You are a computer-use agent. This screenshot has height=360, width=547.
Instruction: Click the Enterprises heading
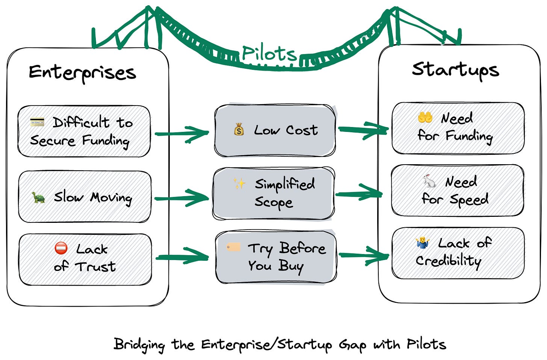[x=82, y=73]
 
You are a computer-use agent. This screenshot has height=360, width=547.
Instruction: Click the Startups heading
[x=455, y=70]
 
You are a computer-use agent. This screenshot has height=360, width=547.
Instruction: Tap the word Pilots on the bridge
[x=269, y=53]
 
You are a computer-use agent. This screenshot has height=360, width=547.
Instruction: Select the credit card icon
[x=37, y=122]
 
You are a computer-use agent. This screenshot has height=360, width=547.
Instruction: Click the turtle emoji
[x=38, y=197]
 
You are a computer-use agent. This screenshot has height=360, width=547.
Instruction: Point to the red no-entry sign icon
[x=61, y=248]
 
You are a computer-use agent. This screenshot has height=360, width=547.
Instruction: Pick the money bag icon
[x=239, y=130]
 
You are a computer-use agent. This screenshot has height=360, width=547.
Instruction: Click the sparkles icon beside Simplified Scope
[x=239, y=183]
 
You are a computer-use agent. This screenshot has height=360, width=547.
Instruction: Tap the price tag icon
[x=233, y=247]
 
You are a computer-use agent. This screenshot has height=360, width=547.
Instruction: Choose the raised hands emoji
[x=425, y=118]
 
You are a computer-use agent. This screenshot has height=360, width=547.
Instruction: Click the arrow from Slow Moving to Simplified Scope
[x=182, y=198]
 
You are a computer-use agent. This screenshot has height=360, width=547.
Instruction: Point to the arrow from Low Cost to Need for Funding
[x=363, y=129]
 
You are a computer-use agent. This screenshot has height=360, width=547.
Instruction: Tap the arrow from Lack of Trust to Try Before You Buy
[x=182, y=257]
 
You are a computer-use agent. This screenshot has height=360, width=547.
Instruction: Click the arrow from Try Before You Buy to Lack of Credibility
[x=363, y=256]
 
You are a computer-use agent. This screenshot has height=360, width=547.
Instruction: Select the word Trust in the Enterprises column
[x=95, y=266]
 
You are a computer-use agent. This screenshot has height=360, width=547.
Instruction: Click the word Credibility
[x=448, y=261]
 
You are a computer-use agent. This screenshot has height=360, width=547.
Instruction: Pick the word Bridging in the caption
[x=139, y=344]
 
